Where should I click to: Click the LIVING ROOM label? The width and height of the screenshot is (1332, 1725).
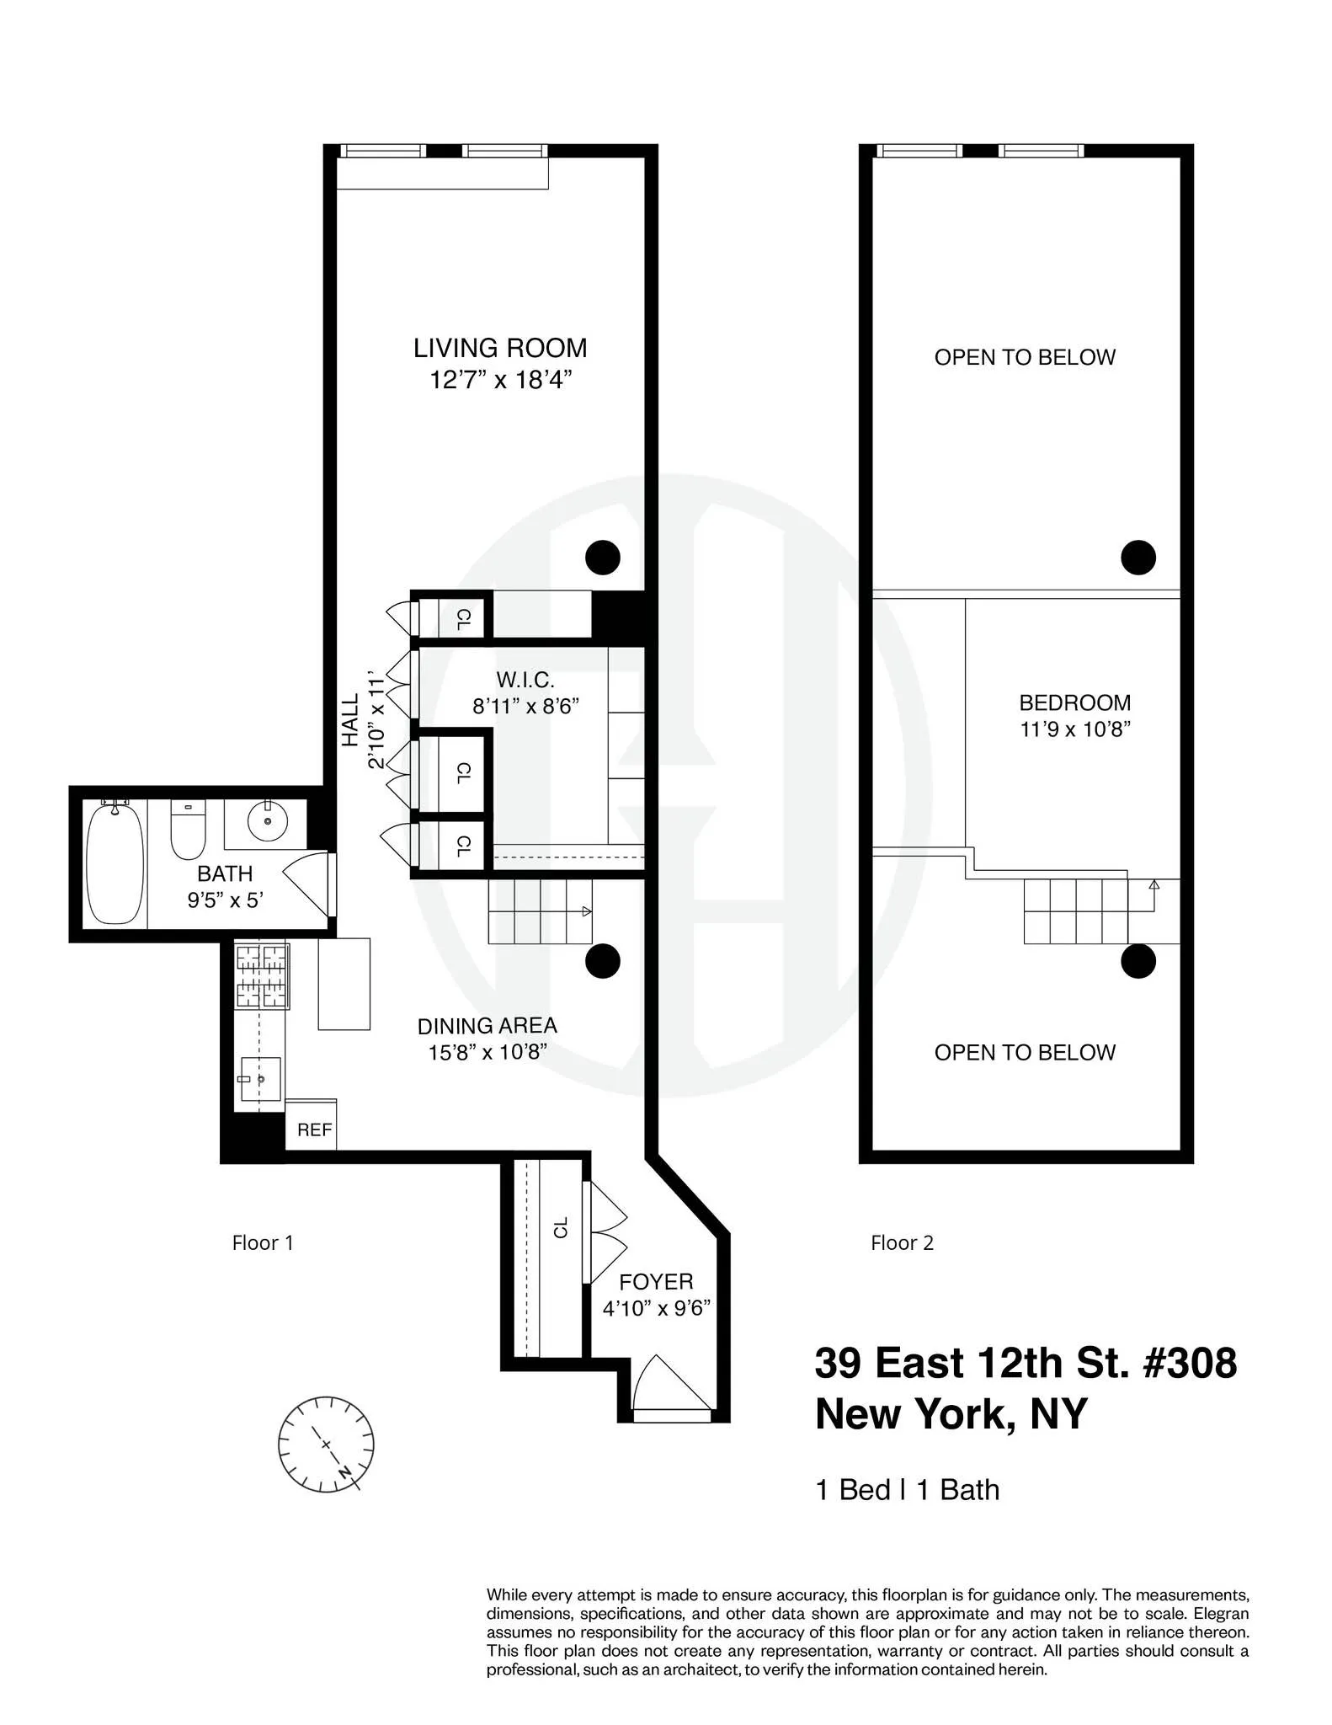point(499,348)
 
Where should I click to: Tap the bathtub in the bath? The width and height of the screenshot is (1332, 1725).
point(115,864)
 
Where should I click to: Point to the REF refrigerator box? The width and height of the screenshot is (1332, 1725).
point(314,1130)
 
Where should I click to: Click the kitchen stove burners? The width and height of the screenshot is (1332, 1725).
point(262,977)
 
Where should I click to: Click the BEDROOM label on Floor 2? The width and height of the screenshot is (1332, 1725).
point(1074,702)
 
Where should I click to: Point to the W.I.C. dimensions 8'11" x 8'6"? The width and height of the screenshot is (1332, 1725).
point(525,706)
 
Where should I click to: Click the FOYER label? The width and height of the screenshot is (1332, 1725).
point(656,1282)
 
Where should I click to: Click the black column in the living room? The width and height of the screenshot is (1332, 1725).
point(603,557)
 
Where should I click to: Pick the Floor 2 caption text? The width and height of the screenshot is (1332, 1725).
point(902,1243)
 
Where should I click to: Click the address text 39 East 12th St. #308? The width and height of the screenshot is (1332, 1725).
point(1026,1363)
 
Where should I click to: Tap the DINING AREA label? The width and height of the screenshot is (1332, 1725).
point(487,1026)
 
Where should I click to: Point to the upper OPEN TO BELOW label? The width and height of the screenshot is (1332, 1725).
point(1025,357)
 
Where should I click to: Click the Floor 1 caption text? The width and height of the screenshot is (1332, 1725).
point(263,1243)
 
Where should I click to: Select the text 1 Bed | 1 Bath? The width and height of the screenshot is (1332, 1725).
point(907,1490)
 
